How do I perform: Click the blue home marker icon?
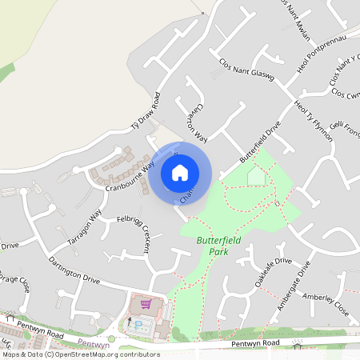180,172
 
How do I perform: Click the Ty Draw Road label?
146,112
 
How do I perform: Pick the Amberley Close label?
326,302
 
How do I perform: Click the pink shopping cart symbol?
146,303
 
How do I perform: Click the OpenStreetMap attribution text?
80,354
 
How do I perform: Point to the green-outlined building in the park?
256,176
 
